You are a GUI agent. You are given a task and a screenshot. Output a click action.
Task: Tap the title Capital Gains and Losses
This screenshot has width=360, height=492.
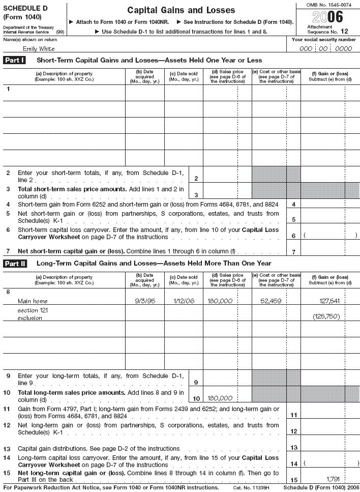[181, 10]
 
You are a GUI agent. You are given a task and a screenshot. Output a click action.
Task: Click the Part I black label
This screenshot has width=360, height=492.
[15, 61]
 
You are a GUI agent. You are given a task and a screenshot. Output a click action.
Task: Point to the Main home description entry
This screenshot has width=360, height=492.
[33, 301]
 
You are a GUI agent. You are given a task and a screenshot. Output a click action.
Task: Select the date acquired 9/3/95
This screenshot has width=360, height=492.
[144, 301]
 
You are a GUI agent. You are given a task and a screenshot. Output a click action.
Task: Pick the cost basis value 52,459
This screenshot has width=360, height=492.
[271, 301]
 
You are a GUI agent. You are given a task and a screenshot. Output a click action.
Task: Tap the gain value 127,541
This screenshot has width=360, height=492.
[329, 301]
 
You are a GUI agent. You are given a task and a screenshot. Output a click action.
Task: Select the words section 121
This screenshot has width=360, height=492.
[28, 310]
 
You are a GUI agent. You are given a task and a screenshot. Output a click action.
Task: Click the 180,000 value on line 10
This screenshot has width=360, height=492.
[220, 398]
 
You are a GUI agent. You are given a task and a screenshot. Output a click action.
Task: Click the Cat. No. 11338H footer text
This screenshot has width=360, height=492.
[250, 487]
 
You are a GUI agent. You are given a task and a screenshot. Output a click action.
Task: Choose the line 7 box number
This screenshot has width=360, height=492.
[293, 252]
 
